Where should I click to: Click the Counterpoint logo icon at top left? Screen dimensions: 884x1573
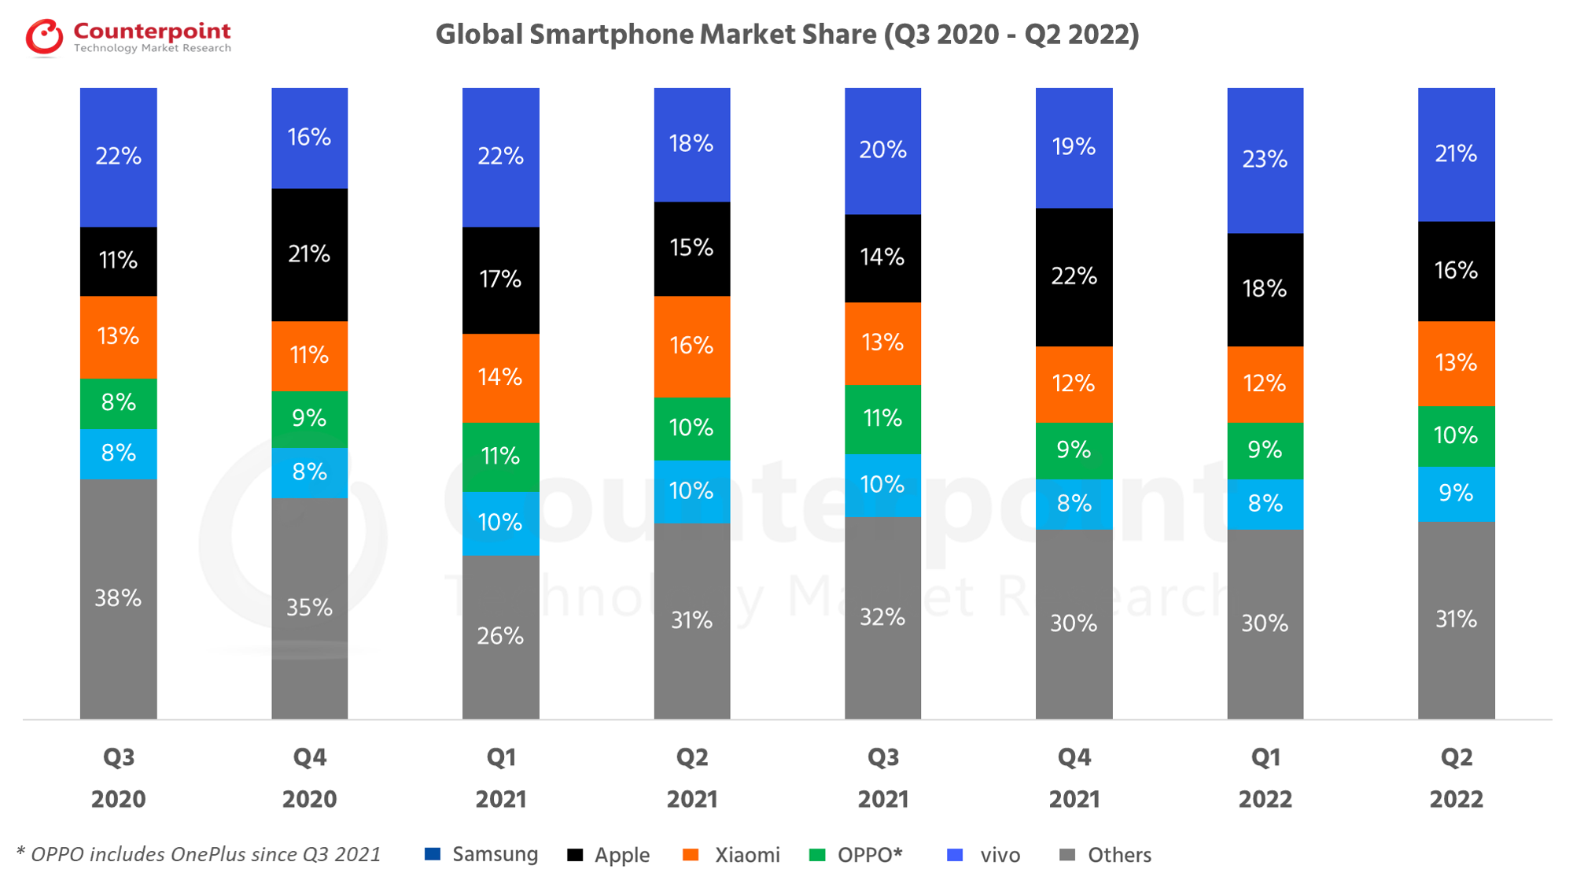pos(44,37)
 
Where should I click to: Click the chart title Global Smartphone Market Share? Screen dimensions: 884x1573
pos(786,35)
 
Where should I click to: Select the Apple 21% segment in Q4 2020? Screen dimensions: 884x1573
pos(309,254)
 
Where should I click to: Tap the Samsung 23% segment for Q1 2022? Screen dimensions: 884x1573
pos(1265,160)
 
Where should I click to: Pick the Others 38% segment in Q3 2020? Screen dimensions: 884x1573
pos(118,598)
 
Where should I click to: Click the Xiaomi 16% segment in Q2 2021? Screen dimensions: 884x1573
pos(691,346)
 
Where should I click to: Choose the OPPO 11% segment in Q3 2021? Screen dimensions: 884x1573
pos(882,418)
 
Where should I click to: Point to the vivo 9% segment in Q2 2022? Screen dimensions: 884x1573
pos(1456,494)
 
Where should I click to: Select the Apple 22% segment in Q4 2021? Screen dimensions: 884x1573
pos(1074,276)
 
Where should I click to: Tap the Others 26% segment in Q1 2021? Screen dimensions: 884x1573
pos(500,636)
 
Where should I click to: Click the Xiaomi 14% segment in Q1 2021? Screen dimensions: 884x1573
pos(500,378)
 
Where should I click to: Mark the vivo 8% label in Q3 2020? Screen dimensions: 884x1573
pos(118,453)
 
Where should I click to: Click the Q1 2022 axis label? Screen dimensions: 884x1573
pos(1265,778)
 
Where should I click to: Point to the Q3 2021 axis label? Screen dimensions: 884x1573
pos(882,778)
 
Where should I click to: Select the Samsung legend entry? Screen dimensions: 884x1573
pos(481,855)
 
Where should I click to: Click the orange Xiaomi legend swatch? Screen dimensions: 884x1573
pos(691,855)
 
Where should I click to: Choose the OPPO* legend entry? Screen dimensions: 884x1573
pos(857,855)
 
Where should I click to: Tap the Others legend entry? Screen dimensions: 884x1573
pos(1106,855)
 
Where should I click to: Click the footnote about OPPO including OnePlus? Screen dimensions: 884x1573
pos(198,855)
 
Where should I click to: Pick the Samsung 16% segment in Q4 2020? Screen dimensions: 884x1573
pos(309,138)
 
